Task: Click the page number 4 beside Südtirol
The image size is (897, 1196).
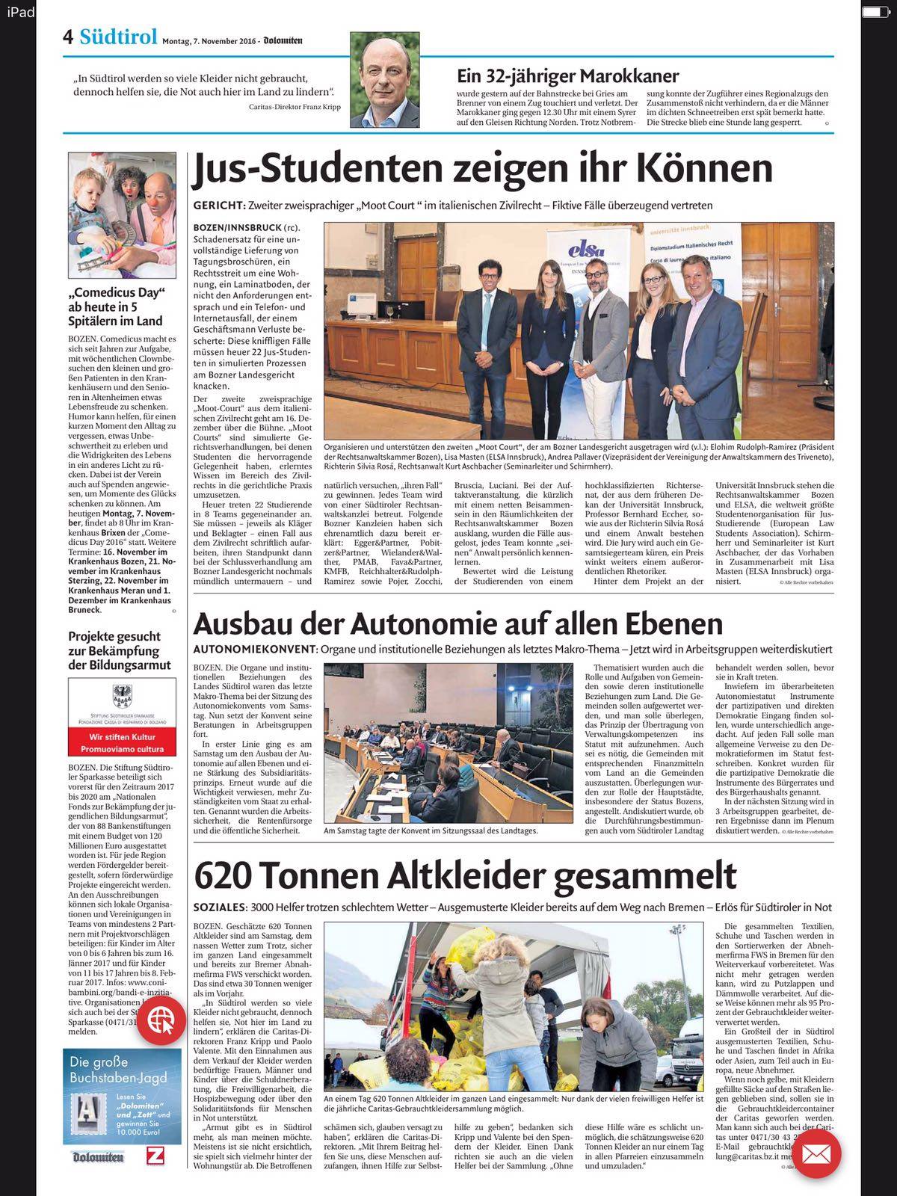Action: (68, 37)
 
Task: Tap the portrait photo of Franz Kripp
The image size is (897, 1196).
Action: (384, 80)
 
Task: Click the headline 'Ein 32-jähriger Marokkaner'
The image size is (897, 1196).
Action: (567, 75)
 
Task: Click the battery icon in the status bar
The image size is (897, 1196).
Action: (872, 11)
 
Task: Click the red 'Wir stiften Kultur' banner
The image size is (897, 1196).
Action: (121, 742)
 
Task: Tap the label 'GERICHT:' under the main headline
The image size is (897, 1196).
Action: (218, 206)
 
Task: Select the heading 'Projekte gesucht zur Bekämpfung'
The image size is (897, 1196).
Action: (120, 650)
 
